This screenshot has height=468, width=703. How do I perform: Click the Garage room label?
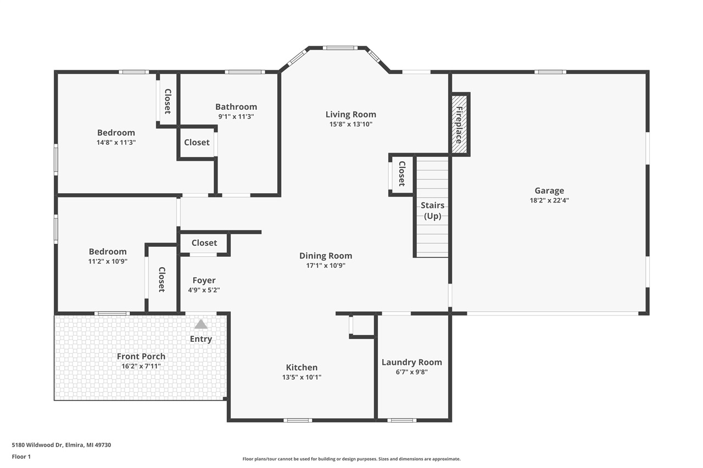coord(549,191)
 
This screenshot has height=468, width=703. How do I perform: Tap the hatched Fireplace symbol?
coord(459,125)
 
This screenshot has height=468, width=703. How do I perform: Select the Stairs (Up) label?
coord(432,211)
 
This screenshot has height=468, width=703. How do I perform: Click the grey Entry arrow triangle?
coord(201,324)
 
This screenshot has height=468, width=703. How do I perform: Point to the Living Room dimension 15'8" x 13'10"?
coord(350,125)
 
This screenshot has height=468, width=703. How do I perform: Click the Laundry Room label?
coord(411,362)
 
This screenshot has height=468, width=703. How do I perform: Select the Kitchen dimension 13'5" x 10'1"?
coord(302,377)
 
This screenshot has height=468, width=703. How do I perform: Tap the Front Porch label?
coord(141,357)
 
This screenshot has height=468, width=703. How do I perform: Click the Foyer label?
coord(204,280)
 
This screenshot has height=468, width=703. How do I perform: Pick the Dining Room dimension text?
coord(326,266)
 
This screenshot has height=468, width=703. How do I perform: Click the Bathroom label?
coord(236,107)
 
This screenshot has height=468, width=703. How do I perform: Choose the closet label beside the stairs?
coord(401,173)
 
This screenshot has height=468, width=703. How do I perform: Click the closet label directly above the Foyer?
coord(204,243)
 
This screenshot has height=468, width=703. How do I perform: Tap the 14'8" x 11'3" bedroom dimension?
coord(116,142)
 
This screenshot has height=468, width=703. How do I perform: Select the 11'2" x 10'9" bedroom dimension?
coord(108,262)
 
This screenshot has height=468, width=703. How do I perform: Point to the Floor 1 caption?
coord(21,456)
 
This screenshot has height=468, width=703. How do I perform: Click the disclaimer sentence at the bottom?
coord(351,459)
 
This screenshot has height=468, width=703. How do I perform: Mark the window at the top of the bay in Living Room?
coord(340,48)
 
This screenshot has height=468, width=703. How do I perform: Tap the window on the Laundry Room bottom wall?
coord(401,420)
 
